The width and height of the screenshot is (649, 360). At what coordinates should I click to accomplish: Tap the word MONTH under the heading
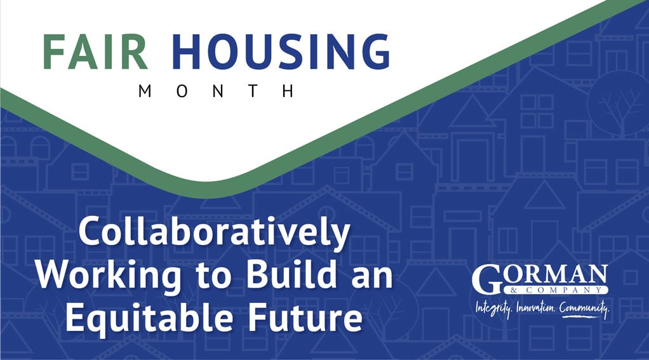pos(216,91)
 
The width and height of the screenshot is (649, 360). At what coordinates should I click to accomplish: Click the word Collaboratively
pos(214,234)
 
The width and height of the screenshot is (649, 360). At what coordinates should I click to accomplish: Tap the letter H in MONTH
pos(290,91)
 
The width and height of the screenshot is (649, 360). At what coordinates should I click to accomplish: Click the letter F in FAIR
pos(53,51)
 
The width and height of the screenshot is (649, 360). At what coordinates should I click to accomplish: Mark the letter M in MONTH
pos(144,91)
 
